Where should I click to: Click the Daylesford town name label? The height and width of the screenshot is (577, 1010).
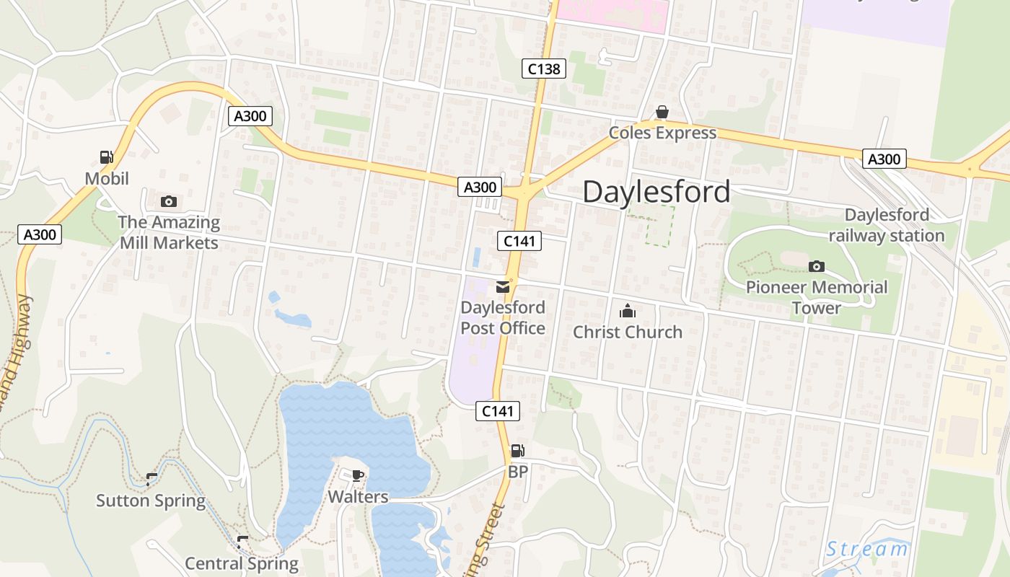[656, 192]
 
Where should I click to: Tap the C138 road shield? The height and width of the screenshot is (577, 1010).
[543, 69]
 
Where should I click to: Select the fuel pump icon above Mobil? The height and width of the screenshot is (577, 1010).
[106, 157]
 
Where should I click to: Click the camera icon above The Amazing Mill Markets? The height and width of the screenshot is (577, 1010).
[169, 201]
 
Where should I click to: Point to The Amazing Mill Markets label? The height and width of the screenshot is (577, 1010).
[169, 232]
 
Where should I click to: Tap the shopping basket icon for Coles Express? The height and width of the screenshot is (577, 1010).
[662, 112]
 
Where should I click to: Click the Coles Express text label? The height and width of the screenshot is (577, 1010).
[662, 133]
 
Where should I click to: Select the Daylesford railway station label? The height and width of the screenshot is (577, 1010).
[887, 225]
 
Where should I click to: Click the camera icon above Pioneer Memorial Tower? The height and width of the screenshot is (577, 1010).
[817, 266]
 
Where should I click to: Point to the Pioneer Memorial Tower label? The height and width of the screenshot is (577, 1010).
[817, 297]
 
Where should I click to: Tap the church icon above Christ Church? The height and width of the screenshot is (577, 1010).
[628, 312]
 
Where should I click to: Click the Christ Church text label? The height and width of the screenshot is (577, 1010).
[628, 332]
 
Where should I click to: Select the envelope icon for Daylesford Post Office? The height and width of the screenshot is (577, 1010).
[503, 287]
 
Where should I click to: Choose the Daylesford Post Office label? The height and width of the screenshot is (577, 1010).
[503, 318]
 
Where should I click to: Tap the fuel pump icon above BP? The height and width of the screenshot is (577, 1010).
[517, 452]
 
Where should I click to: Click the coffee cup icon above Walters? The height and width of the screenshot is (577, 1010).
[357, 475]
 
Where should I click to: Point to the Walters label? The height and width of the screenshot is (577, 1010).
[358, 497]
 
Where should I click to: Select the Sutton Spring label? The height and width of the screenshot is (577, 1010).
[151, 501]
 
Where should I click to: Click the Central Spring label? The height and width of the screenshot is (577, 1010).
[242, 563]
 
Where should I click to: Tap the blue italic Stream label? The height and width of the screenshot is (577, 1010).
[866, 550]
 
